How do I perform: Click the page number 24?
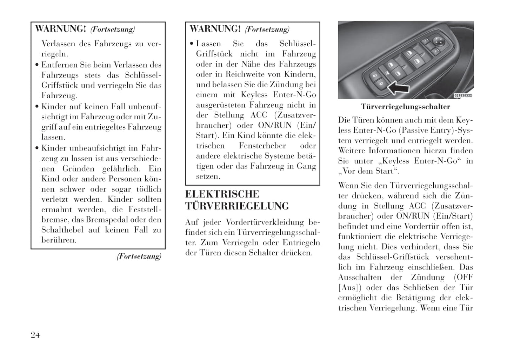35,335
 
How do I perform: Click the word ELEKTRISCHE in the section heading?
222,194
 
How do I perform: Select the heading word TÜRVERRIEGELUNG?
237,206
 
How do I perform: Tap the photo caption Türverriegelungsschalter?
405,107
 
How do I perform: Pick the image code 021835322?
463,95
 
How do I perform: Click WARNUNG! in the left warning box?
60,29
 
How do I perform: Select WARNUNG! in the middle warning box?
215,29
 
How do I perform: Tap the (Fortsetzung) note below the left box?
139,256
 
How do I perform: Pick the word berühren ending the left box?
58,240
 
